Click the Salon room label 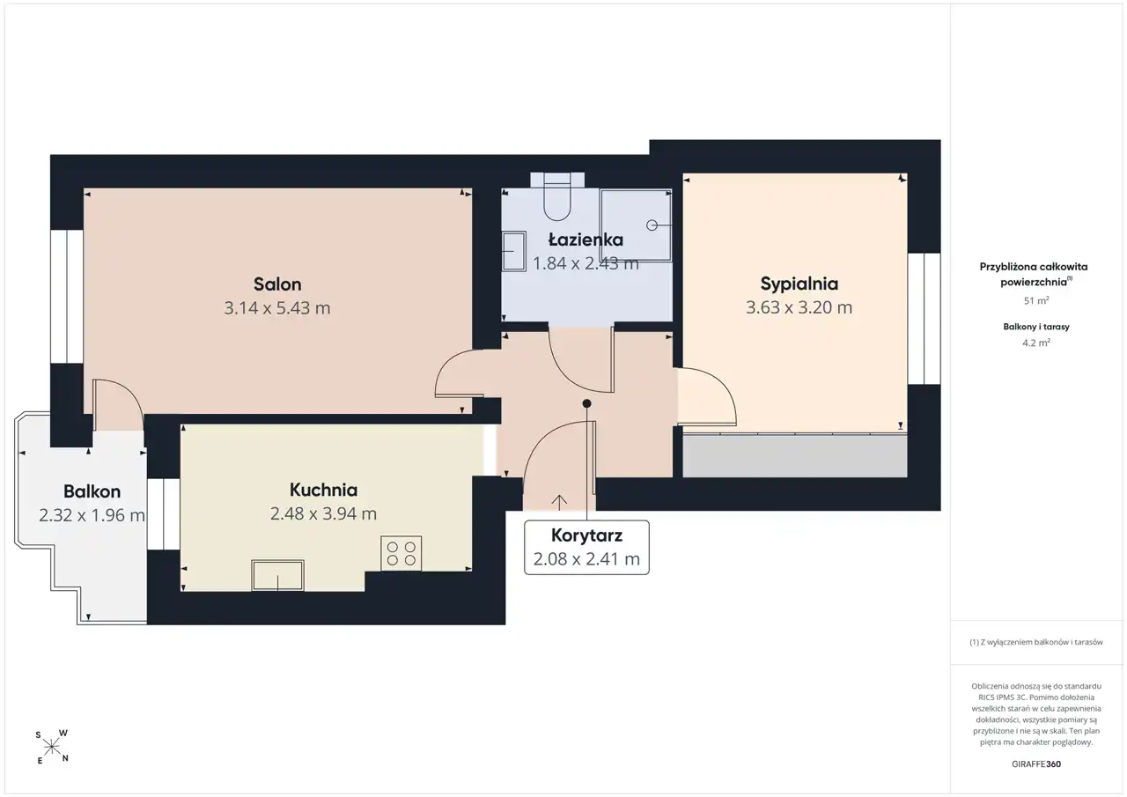pyautogui.click(x=277, y=284)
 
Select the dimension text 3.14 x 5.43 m pyautogui.click(x=277, y=308)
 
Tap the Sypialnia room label pyautogui.click(x=799, y=284)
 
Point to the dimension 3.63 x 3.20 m pyautogui.click(x=799, y=307)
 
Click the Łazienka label pyautogui.click(x=586, y=240)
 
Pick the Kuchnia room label pyautogui.click(x=323, y=490)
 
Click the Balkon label pyautogui.click(x=92, y=491)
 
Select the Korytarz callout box pyautogui.click(x=586, y=548)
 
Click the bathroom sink pyautogui.click(x=513, y=251)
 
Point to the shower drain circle pyautogui.click(x=652, y=225)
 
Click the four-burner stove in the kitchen pyautogui.click(x=401, y=553)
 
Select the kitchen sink pyautogui.click(x=277, y=575)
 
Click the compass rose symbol pyautogui.click(x=52, y=747)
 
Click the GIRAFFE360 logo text pyautogui.click(x=1036, y=764)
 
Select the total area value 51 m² pyautogui.click(x=1036, y=300)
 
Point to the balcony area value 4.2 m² pyautogui.click(x=1036, y=343)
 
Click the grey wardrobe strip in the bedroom pyautogui.click(x=795, y=456)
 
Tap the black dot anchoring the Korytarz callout pyautogui.click(x=586, y=403)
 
